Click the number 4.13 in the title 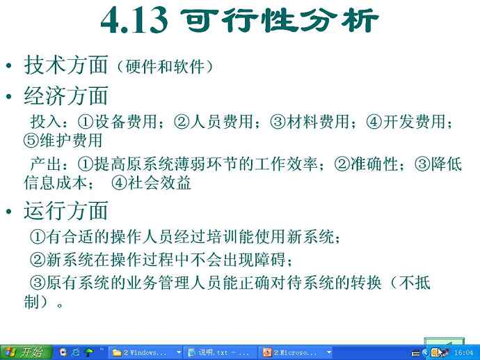coord(134,20)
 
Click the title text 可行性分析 coord(280,20)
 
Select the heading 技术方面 coord(66,65)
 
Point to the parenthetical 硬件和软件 coord(165,66)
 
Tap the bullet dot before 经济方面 coord(8,96)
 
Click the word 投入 coord(46,121)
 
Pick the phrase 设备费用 coord(126,121)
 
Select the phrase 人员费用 coord(221,121)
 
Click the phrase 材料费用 coord(317,121)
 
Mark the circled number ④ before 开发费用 coord(374,122)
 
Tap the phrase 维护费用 coord(71,141)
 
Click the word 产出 coord(46,164)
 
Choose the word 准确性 coord(374,164)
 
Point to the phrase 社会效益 coord(159,183)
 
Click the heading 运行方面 coord(66,210)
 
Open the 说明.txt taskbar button coord(219,352)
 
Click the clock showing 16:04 coord(464,353)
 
